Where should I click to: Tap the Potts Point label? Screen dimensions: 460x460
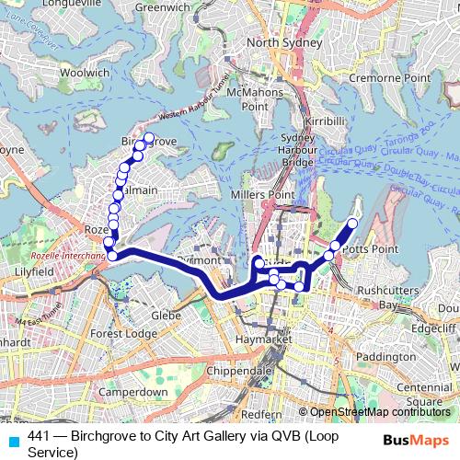369,249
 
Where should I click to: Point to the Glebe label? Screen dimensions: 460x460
165,315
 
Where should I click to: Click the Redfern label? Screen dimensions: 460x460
263,414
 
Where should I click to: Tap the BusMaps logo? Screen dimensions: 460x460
416,441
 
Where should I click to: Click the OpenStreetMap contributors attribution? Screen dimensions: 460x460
376,412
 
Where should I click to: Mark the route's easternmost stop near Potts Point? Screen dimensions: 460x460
352,224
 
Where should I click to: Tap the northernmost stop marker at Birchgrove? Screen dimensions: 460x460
149,138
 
